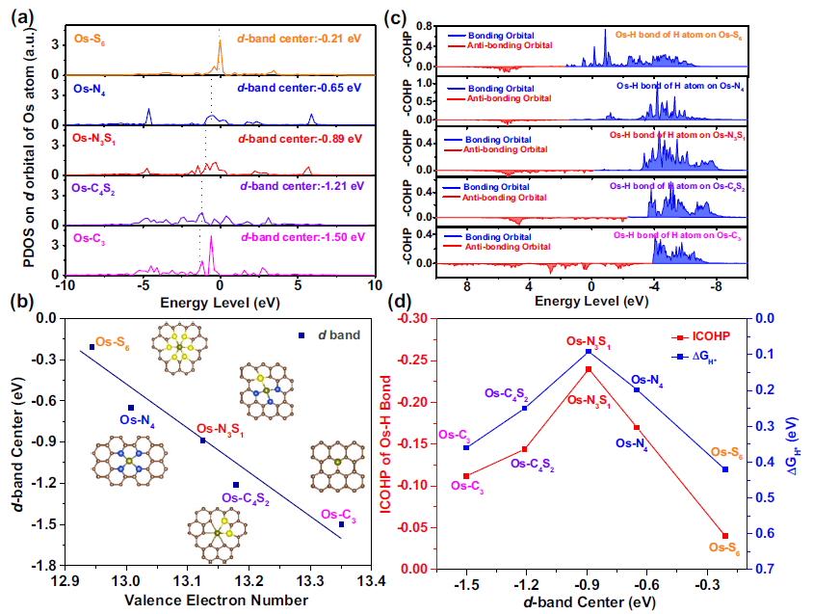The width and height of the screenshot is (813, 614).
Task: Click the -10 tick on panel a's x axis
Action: click(64, 286)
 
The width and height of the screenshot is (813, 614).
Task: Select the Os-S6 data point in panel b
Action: click(92, 347)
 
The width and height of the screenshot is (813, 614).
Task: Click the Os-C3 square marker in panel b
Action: click(341, 524)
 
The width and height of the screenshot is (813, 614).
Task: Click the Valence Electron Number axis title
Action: click(218, 600)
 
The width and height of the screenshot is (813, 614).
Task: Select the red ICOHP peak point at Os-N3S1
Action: click(588, 369)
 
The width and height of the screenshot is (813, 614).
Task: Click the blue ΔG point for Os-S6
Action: click(724, 469)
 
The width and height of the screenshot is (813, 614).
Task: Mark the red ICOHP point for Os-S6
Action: click(724, 536)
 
